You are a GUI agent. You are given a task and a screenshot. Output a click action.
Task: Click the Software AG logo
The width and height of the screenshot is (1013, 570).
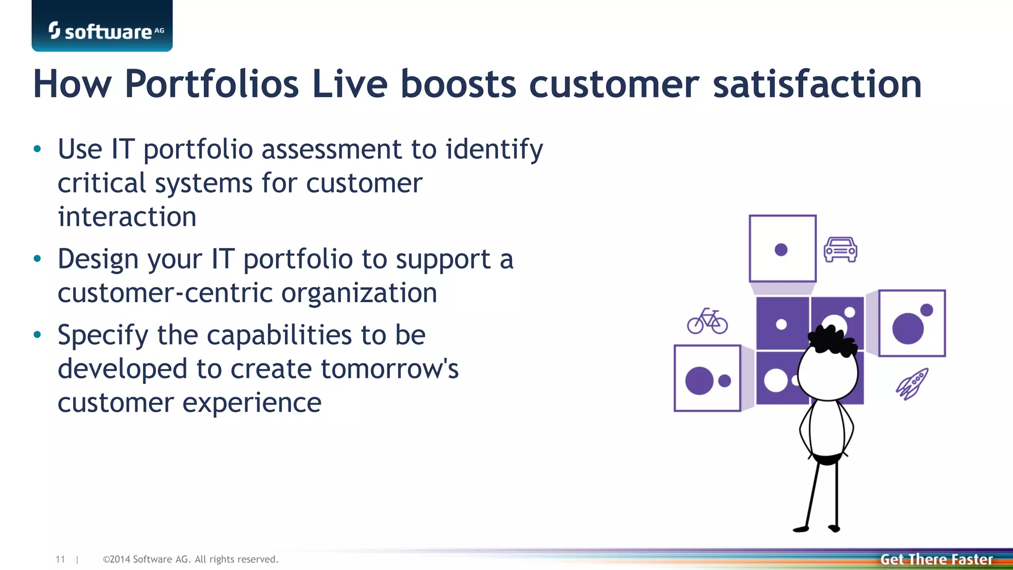click(102, 30)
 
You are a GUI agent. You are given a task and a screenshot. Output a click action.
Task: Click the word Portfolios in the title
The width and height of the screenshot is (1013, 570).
click(212, 84)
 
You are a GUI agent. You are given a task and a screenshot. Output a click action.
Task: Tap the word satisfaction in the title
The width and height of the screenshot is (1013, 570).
click(817, 84)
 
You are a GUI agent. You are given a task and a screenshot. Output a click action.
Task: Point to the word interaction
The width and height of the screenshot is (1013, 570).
click(127, 217)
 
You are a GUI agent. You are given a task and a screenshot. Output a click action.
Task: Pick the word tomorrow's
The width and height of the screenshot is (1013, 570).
click(390, 369)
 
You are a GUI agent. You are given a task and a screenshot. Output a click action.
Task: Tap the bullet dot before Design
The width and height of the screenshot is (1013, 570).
click(37, 259)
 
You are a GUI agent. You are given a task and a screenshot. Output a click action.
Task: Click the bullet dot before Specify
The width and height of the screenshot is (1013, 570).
click(37, 335)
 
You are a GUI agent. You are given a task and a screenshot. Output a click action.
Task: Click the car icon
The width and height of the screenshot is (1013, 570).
click(840, 249)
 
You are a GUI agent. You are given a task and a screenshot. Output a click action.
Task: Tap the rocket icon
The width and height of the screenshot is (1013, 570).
click(912, 383)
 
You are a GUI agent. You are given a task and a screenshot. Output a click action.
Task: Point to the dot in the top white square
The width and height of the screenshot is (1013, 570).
click(781, 249)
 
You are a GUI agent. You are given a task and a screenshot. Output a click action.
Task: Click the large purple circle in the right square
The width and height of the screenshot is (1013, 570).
click(908, 328)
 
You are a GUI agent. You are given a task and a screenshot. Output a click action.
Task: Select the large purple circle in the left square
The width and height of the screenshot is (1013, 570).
click(699, 380)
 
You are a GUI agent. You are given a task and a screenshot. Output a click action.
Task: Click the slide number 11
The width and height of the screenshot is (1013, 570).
click(60, 559)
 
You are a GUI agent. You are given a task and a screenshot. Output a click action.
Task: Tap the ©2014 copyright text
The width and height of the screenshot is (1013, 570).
click(190, 559)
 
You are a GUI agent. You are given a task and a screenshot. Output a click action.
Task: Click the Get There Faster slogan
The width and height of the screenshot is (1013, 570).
click(936, 559)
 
